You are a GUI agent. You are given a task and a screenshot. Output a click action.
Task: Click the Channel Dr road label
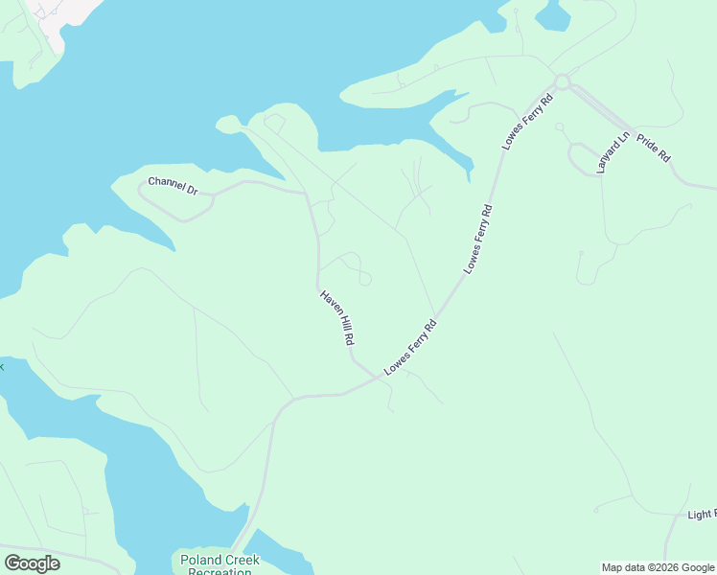(x=173, y=185)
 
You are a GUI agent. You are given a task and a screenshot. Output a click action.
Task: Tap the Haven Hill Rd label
(x=337, y=318)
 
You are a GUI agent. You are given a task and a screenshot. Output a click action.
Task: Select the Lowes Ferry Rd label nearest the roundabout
(x=528, y=121)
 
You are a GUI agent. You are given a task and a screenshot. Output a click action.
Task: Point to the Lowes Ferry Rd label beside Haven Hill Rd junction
(x=410, y=347)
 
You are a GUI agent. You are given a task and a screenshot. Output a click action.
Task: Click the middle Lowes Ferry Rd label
(x=477, y=240)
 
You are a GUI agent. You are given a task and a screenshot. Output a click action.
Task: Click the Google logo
(x=32, y=563)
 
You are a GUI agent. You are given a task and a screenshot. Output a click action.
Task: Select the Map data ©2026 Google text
(x=658, y=567)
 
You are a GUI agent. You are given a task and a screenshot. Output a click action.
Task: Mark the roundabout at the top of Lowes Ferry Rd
(x=562, y=82)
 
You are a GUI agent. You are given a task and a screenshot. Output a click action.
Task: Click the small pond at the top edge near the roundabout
(x=552, y=13)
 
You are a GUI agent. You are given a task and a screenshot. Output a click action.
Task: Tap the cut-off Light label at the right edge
(x=702, y=515)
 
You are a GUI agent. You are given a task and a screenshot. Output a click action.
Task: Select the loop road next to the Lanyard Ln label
(x=581, y=158)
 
